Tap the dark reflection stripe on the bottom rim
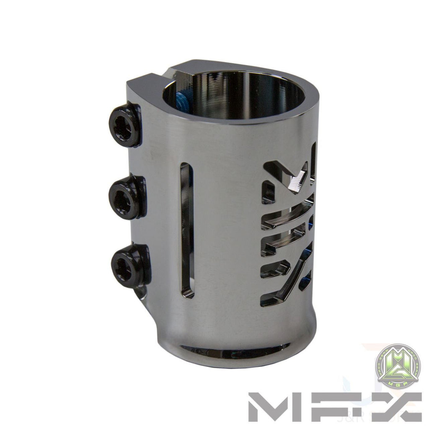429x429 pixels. (235, 347)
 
